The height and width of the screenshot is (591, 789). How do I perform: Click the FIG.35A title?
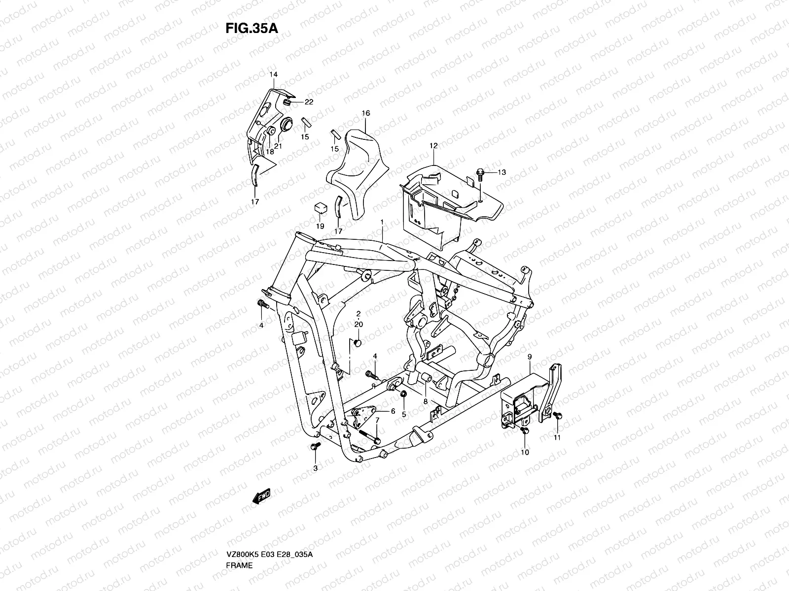coord(251,29)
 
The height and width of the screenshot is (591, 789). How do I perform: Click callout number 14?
coord(274,74)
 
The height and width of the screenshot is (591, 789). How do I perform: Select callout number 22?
coord(309,102)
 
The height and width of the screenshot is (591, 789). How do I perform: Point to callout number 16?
coord(365,113)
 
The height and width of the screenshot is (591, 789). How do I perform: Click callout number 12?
coord(433,146)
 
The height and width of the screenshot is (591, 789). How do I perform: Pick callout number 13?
coord(502,172)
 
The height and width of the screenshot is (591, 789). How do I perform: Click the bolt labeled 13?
coord(481,173)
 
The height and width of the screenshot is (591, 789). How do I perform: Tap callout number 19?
coord(320,226)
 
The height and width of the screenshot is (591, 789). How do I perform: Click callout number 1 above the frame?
coord(382,223)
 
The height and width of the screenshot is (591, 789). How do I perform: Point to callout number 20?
coord(359,324)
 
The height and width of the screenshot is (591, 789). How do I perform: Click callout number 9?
coord(529,356)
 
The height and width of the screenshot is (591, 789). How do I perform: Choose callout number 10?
coord(525,453)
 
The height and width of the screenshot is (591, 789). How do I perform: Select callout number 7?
coord(377,420)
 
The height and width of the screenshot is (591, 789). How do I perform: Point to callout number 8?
coord(426,401)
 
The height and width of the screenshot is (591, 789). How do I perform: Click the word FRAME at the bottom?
coord(239,537)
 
